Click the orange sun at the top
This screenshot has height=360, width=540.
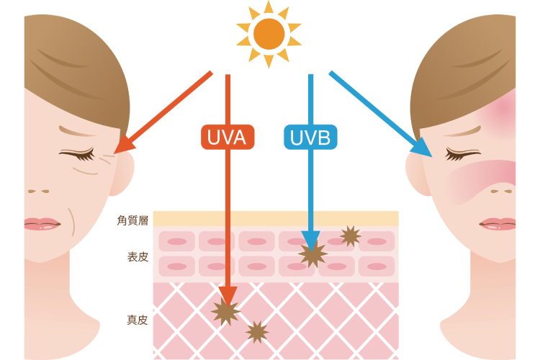coord(269,34)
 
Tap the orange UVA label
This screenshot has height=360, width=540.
coord(227,137)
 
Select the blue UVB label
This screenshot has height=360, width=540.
coord(310,137)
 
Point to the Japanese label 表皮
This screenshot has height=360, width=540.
coord(138,256)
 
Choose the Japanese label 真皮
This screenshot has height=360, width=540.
coord(138,320)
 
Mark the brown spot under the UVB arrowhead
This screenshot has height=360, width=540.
coord(312,254)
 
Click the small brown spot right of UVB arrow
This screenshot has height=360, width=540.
coord(351,235)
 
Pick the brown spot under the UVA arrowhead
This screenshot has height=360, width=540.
coord(225,312)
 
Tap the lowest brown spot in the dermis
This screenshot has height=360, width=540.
coord(257,332)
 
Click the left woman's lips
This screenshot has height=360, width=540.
coord(41,224)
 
